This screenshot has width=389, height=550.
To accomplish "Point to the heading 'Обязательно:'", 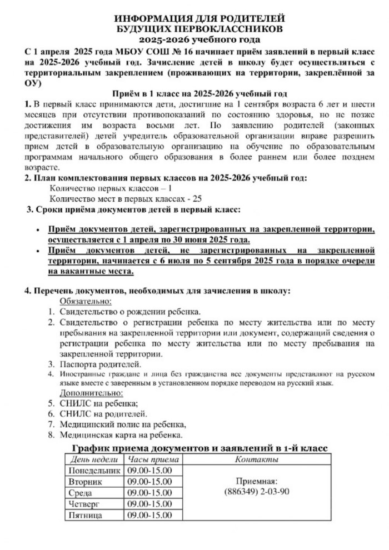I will (86, 301).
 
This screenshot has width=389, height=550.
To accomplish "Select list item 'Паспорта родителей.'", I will (101, 364).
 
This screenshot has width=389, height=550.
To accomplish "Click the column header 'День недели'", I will (93, 459).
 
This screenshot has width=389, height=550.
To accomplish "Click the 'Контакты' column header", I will (257, 459).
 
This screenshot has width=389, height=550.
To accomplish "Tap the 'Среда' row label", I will (81, 493).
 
